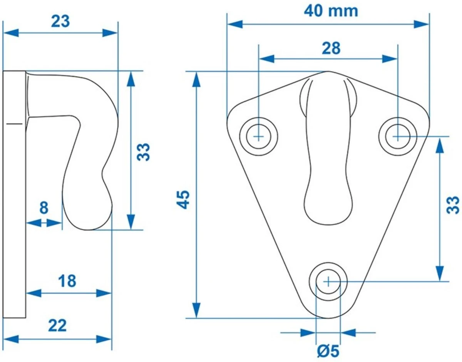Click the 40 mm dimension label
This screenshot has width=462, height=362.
click(x=331, y=11)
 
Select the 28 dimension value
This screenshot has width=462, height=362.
click(x=331, y=48)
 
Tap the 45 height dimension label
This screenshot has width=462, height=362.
click(x=184, y=199)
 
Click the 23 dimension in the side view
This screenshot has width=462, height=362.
click(x=60, y=22)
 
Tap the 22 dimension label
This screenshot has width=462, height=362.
click(x=57, y=326)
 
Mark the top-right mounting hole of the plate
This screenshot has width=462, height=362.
click(x=397, y=136)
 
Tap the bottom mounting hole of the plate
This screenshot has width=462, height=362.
click(x=328, y=281)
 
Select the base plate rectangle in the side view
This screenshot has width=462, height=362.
click(x=15, y=194)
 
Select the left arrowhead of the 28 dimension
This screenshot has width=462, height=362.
click(x=266, y=59)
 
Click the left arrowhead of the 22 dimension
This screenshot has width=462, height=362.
click(x=10, y=339)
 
